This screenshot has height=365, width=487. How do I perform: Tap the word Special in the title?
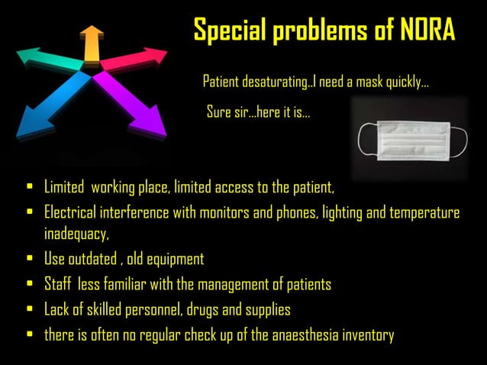point(229,31)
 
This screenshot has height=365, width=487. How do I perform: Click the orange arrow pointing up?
point(93,44)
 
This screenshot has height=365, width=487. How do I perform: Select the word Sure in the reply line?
point(220,113)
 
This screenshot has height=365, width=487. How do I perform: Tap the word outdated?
point(95,259)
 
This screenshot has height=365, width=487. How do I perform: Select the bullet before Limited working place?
point(29,186)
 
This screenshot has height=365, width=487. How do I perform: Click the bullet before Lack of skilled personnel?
point(29,310)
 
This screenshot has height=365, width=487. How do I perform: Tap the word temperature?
point(423,212)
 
